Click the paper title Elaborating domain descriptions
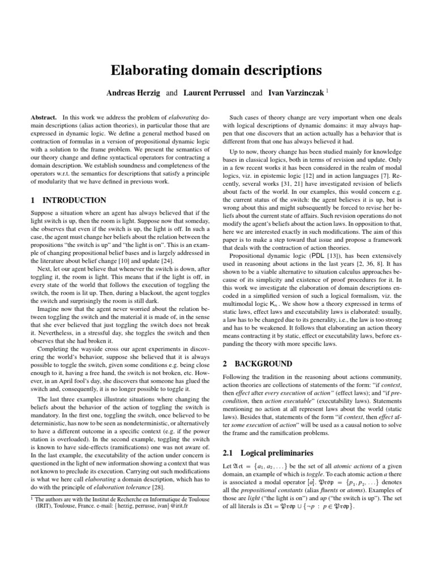[x=217, y=70]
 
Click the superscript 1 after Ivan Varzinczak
[x=327, y=89]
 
